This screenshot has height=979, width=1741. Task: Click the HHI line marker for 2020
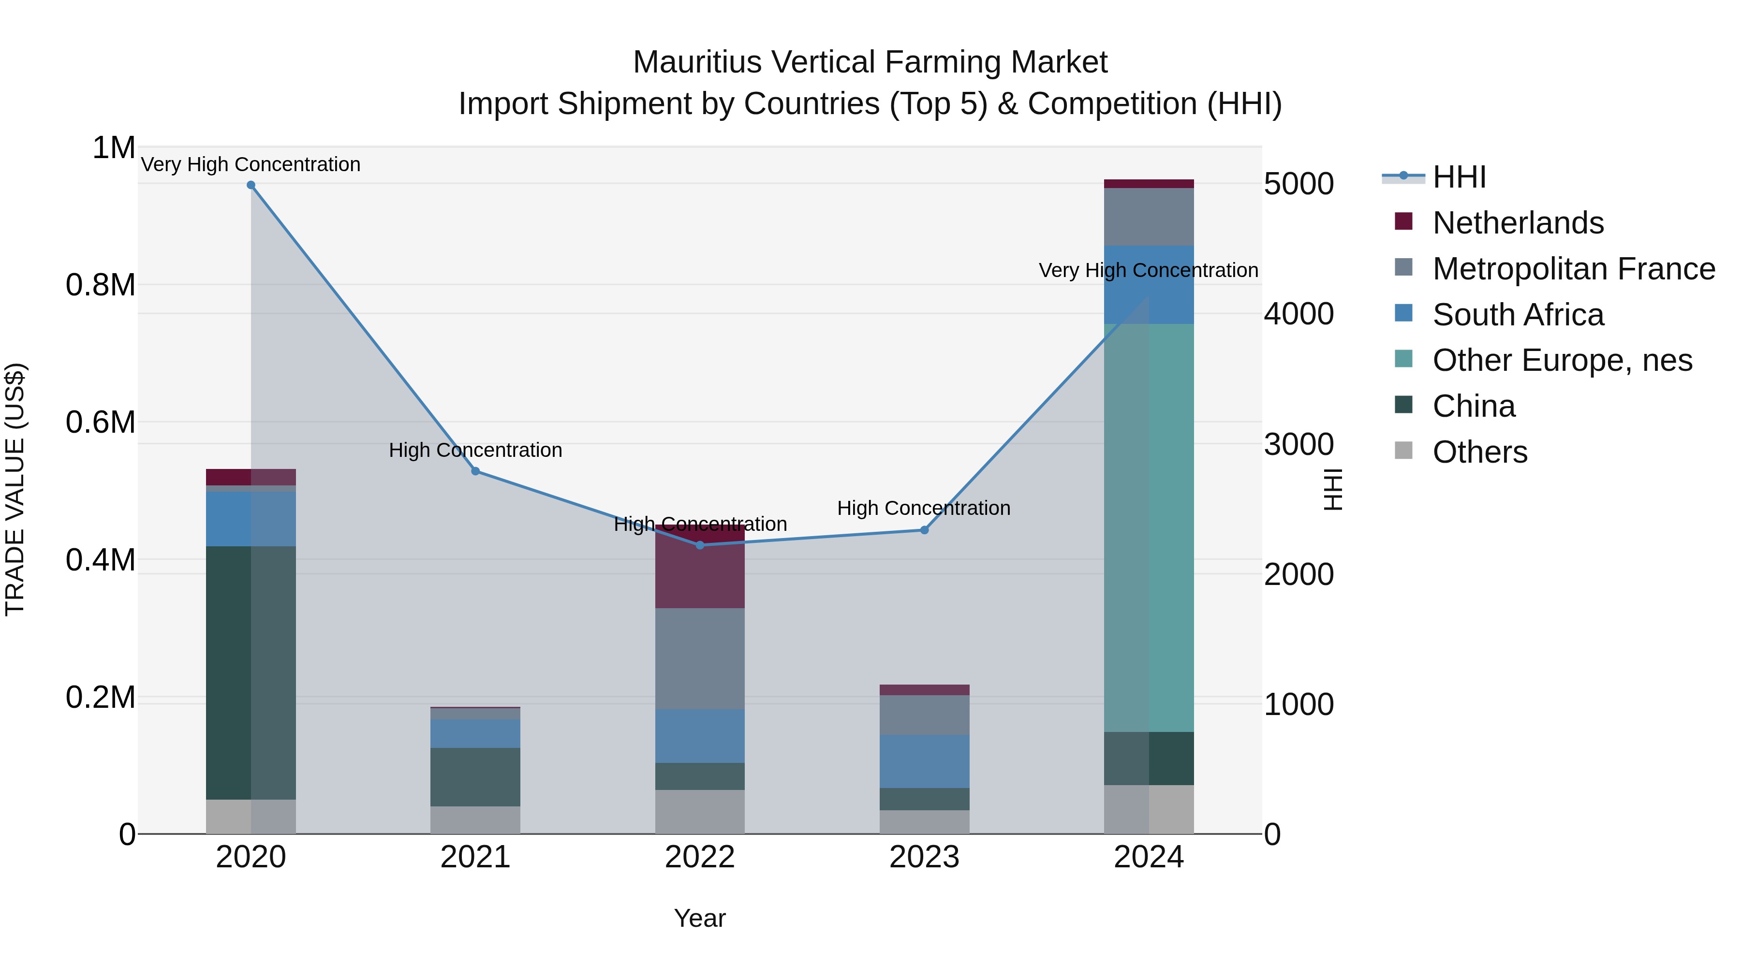pos(251,185)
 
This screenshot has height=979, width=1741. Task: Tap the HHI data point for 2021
pos(475,471)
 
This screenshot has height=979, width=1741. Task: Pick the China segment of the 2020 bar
pos(251,672)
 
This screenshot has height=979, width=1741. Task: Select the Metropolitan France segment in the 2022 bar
pos(699,659)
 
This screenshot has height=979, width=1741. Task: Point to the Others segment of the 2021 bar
pos(475,819)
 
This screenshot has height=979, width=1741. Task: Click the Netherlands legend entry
pos(1517,223)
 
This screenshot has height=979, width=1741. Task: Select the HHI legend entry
pos(1459,177)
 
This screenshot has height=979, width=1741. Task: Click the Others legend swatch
pos(1403,451)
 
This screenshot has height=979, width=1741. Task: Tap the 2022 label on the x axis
pos(699,857)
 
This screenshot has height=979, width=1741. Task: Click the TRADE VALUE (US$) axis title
pos(15,489)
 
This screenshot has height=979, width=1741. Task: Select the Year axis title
pos(699,918)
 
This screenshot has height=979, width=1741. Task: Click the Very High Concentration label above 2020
pos(251,164)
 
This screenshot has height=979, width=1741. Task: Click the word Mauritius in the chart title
pos(696,62)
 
